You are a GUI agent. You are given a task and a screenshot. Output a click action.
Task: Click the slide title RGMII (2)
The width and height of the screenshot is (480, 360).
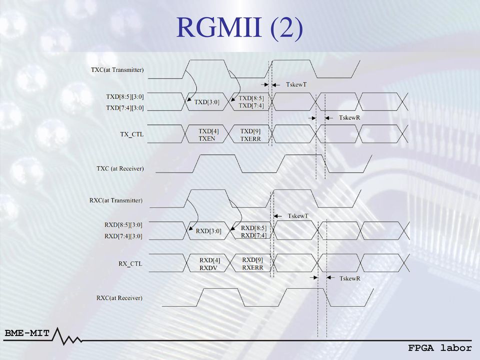point(239,28)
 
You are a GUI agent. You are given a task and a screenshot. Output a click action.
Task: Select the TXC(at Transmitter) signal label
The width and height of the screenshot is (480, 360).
point(117,70)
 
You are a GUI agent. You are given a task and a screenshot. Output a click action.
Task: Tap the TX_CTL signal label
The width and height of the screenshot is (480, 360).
point(132,134)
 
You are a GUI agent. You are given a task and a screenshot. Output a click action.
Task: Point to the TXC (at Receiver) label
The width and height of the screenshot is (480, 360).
point(120,168)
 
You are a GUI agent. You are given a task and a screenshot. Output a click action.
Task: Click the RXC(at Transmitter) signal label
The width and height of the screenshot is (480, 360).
point(116,200)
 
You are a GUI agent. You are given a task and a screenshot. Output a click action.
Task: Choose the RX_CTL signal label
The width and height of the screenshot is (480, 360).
point(130,263)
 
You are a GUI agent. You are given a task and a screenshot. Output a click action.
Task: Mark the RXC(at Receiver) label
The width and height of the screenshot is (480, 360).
point(119,298)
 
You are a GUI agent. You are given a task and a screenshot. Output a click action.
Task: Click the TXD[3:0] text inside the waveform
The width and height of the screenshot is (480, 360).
point(207,102)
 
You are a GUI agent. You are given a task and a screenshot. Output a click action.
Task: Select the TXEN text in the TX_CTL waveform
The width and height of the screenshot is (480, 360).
point(207,138)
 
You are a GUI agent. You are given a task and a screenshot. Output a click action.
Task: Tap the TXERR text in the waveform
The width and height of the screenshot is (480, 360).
point(250,139)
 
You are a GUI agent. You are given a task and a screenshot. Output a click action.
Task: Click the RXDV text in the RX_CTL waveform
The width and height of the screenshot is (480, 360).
point(208,268)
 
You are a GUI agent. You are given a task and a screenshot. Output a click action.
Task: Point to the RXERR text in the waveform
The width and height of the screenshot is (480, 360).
point(252,267)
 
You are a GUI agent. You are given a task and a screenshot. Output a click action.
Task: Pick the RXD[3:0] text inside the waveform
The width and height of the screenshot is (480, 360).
point(208,231)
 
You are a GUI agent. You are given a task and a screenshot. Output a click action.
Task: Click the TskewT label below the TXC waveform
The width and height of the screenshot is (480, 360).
point(296,84)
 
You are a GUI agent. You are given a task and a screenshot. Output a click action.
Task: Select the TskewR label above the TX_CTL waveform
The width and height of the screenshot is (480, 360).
point(349,117)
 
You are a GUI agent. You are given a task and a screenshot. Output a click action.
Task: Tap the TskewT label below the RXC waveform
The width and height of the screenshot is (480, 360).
point(298,216)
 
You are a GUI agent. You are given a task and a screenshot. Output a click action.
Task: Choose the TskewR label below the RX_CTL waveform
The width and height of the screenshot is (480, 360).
point(350,278)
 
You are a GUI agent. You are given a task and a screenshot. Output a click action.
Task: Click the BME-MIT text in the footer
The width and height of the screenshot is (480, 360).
point(27,333)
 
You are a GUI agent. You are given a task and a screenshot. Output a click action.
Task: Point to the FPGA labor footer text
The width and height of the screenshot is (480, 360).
point(440,348)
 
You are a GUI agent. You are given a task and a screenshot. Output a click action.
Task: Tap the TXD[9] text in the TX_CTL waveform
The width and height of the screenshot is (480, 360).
point(250,131)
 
